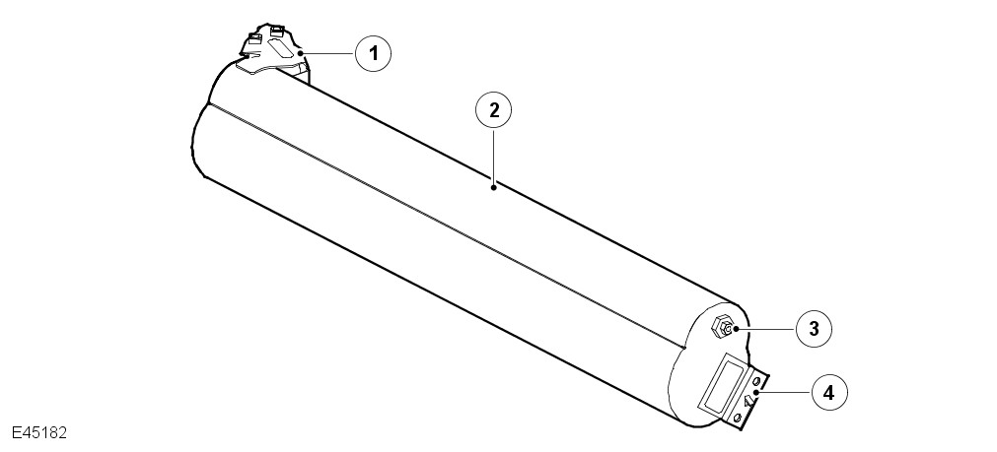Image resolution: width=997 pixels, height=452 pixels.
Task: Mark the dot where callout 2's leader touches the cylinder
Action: coord(493,187)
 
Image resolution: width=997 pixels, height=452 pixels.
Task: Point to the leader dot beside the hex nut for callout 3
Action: coord(736,330)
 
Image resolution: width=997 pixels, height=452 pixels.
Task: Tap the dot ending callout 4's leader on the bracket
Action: coord(755,394)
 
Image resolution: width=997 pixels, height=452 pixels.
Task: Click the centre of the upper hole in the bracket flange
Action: coord(756,381)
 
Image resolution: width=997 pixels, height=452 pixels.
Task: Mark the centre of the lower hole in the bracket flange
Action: coord(738,418)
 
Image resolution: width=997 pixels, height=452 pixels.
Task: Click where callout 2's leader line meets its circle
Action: coord(493,128)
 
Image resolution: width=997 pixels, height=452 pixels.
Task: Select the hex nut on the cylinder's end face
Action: coord(722,328)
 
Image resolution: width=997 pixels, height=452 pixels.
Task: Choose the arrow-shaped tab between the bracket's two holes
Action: coord(748,401)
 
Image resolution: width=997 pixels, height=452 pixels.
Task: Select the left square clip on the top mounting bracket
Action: coord(254,38)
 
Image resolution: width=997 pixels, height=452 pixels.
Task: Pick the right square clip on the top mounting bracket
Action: coord(278,30)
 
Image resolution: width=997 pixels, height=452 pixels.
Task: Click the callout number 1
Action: coord(373,53)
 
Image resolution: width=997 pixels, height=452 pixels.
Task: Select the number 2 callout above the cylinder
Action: coord(493,110)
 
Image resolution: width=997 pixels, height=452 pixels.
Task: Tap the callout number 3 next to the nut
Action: coord(814,329)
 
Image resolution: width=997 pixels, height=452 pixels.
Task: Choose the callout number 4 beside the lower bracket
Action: coord(829,393)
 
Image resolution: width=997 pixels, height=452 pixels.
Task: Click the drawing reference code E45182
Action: coord(39,433)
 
